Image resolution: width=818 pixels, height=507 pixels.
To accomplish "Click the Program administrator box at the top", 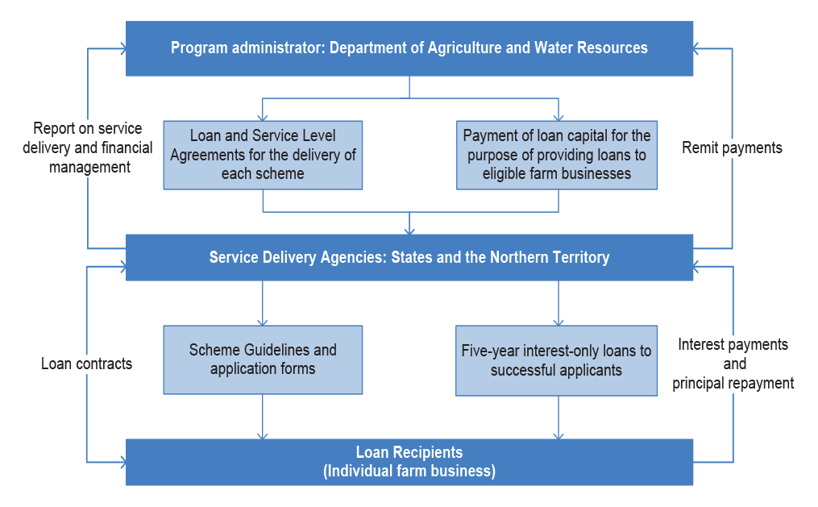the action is tap(409, 48).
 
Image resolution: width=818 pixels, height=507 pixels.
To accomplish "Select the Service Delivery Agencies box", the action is tap(409, 257).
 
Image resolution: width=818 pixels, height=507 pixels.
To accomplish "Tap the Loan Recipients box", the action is tap(409, 462).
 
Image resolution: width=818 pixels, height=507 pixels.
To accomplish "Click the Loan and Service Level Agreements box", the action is tap(263, 155).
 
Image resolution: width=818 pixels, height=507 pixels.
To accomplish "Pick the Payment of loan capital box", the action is tap(557, 155).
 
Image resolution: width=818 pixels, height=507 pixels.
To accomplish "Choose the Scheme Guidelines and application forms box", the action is tap(263, 360).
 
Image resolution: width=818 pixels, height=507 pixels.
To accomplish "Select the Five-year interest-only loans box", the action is tap(556, 360).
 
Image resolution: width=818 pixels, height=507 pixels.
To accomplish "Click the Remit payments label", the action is tap(732, 148).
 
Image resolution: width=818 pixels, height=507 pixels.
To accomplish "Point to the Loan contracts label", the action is tap(86, 364).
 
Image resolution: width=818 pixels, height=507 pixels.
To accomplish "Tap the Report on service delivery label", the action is tap(88, 148).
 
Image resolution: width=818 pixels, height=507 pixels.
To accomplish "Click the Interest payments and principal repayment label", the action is tap(733, 364).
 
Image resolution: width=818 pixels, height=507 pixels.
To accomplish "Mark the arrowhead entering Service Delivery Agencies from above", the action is tap(409, 230).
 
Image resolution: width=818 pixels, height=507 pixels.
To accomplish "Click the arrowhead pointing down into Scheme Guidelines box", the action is tap(263, 322).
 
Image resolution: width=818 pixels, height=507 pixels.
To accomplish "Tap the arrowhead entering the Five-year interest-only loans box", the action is tap(558, 322).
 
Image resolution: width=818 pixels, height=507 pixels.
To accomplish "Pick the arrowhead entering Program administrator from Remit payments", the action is tap(696, 48).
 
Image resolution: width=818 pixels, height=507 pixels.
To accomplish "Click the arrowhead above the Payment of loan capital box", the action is tap(558, 117).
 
